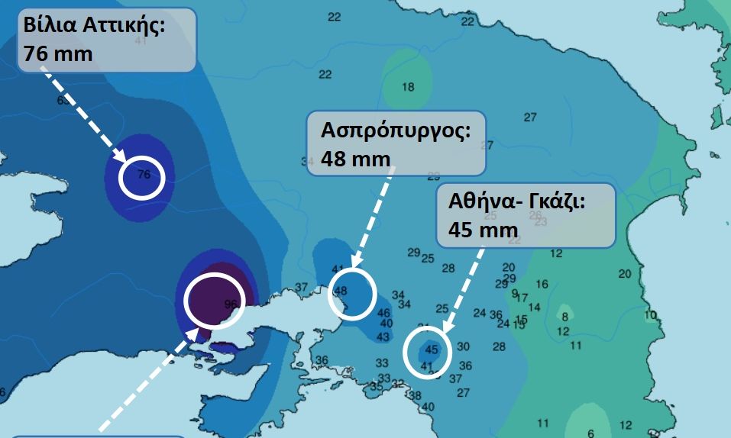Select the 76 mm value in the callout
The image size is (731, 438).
[x=57, y=54]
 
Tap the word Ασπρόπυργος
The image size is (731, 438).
[x=395, y=129]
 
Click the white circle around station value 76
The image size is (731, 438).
[x=142, y=176]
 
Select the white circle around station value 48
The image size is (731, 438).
[x=352, y=292]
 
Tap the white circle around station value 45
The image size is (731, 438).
[x=426, y=352]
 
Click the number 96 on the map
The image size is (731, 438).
[x=231, y=304]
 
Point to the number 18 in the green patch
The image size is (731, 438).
[x=408, y=87]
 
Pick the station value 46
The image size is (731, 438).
[x=384, y=313]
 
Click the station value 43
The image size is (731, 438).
[x=383, y=337]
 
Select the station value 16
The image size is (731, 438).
[x=542, y=285]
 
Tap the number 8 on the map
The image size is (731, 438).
[x=565, y=317]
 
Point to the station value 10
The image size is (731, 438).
[x=650, y=315]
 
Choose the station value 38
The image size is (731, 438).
[x=416, y=395]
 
